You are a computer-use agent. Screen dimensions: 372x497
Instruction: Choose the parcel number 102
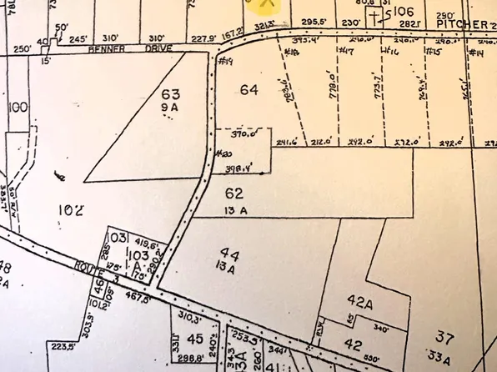point(71,209)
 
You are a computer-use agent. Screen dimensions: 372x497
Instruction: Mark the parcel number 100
point(18,108)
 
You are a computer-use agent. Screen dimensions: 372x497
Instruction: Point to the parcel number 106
point(404,12)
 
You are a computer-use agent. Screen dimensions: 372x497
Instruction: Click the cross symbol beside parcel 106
point(376,16)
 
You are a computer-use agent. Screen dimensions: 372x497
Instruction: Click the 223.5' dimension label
point(63,345)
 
